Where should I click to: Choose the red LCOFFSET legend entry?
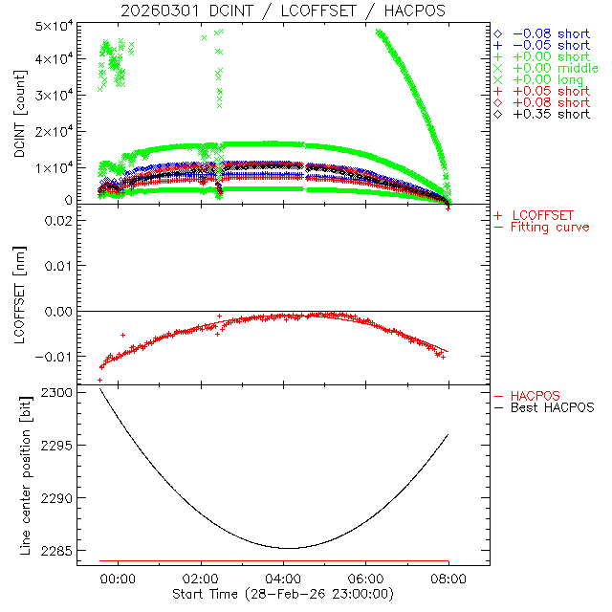pos(542,215)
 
